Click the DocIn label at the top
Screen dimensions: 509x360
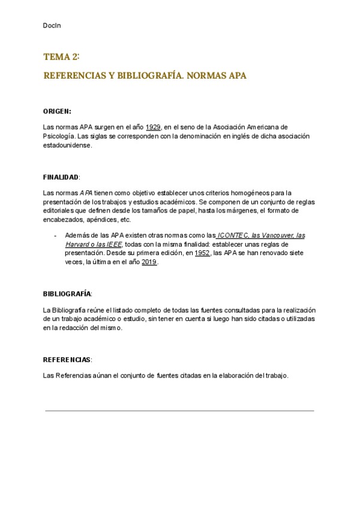click(52, 25)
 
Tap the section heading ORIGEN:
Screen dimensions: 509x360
click(57, 112)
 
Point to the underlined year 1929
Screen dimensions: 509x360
click(153, 127)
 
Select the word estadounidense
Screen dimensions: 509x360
click(67, 145)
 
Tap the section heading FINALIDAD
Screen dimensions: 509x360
click(61, 178)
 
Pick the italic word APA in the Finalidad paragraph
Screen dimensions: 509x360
click(86, 193)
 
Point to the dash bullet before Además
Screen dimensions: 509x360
click(55, 236)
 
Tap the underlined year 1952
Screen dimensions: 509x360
click(202, 254)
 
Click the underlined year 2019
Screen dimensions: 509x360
click(149, 263)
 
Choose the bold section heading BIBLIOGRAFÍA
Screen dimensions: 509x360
click(67, 294)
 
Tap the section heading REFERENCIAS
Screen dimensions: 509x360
click(67, 360)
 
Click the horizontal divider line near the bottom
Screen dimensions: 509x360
click(179, 411)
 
